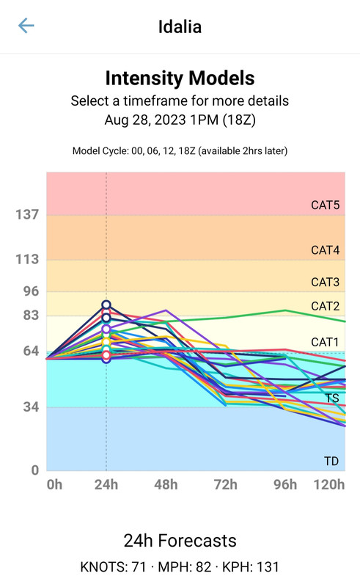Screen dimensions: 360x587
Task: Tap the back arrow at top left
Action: (26, 26)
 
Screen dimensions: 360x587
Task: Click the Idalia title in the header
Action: (180, 26)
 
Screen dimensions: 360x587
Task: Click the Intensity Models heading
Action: (180, 79)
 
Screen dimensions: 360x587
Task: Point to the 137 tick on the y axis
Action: (27, 214)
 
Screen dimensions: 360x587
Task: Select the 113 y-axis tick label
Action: (27, 259)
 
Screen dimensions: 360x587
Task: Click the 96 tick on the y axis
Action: (31, 291)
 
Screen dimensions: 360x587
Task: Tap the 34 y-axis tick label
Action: (31, 407)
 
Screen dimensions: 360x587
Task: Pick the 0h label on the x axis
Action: (55, 485)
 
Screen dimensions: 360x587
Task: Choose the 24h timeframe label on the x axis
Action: (106, 485)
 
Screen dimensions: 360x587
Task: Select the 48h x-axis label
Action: (166, 485)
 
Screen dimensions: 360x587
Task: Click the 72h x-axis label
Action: (226, 485)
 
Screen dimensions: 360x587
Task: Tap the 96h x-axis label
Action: (285, 485)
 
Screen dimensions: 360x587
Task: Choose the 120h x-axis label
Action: (329, 485)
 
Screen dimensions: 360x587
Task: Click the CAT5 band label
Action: (326, 205)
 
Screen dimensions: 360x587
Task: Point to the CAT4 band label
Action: (326, 250)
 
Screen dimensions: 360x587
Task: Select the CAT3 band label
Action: (326, 282)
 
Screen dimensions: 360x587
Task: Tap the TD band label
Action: (331, 462)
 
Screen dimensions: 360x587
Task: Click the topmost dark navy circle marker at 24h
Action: (106, 305)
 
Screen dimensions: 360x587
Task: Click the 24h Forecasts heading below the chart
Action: (180, 541)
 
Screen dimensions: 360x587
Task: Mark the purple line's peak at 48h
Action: (166, 310)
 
